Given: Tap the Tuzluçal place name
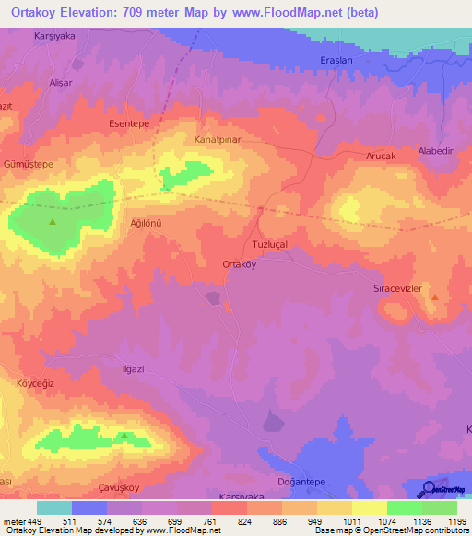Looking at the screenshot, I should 270,244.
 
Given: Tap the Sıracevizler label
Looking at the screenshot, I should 396,288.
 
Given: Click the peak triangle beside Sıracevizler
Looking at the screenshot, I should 435,297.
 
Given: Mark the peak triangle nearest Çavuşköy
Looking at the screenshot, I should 124,435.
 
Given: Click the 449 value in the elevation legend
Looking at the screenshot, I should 36,520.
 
